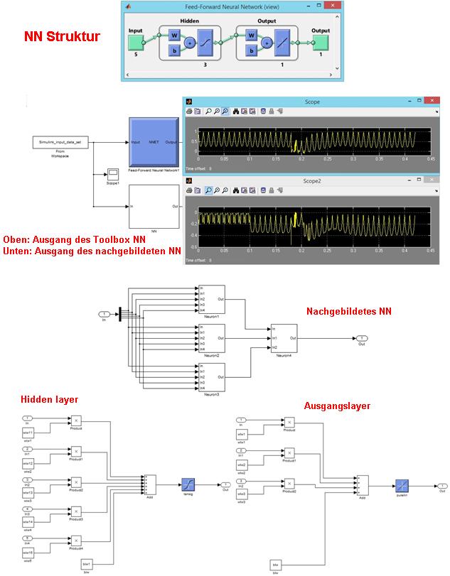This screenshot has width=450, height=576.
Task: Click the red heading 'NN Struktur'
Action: coord(61,36)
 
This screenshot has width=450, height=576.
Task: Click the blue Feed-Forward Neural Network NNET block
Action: coord(154,143)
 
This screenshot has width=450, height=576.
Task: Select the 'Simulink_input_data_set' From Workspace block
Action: coord(59,143)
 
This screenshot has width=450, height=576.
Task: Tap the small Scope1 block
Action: coord(112,173)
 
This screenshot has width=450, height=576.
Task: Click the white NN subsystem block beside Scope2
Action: coord(154,207)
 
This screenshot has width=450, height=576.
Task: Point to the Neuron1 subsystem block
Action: coord(210,300)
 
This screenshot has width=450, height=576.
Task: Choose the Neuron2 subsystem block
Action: coord(210,338)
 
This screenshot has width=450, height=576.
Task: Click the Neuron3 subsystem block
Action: coord(210,376)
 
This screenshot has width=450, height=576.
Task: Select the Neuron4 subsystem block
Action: coord(284,338)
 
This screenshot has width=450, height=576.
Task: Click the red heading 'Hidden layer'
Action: coord(49,400)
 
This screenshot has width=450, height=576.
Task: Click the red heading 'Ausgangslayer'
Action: coord(337,406)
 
